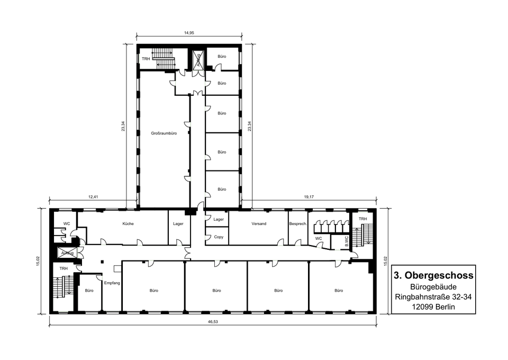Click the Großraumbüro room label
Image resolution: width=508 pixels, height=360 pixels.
click(x=164, y=133)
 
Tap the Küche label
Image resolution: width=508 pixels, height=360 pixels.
click(x=128, y=223)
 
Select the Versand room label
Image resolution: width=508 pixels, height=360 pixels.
click(x=259, y=223)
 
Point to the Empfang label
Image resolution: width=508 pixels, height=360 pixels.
click(x=112, y=283)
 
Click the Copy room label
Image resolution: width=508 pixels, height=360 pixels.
click(x=219, y=237)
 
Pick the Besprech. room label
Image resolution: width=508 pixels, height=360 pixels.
click(x=298, y=223)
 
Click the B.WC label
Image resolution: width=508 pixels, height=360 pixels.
click(x=346, y=241)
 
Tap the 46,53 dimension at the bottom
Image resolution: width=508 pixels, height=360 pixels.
click(x=213, y=322)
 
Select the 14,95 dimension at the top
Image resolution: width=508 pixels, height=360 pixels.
click(x=189, y=33)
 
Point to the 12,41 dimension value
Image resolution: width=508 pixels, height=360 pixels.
click(x=93, y=197)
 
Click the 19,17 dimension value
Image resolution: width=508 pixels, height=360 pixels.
click(x=309, y=197)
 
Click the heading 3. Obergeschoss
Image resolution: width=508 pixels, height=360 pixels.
click(x=433, y=275)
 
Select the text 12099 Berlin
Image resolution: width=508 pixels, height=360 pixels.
click(x=433, y=307)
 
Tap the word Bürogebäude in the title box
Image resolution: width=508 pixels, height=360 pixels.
click(x=433, y=287)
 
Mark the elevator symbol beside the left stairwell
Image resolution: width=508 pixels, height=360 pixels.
click(x=67, y=253)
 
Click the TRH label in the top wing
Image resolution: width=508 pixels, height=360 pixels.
click(x=146, y=59)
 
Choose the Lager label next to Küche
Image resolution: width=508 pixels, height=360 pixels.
click(x=178, y=223)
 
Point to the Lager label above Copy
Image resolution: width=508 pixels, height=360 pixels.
click(x=219, y=219)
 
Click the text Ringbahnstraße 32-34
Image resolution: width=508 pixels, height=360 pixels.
click(x=433, y=297)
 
